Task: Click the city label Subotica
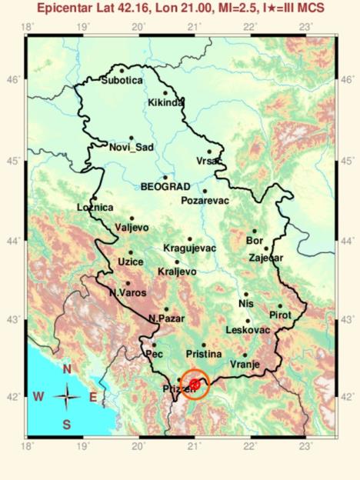[x=123, y=78]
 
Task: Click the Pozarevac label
[x=205, y=200]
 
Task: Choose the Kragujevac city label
[x=190, y=248]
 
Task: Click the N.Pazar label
[x=165, y=318]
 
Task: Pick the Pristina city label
[x=204, y=354]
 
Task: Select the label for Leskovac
[x=248, y=329]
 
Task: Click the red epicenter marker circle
[x=195, y=384]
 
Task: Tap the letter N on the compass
[x=67, y=369]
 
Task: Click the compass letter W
[x=38, y=397]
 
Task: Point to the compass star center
[x=68, y=397]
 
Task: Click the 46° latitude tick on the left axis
[x=15, y=79]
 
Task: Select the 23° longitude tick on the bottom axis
[x=305, y=445]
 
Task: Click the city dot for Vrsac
[x=209, y=152]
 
